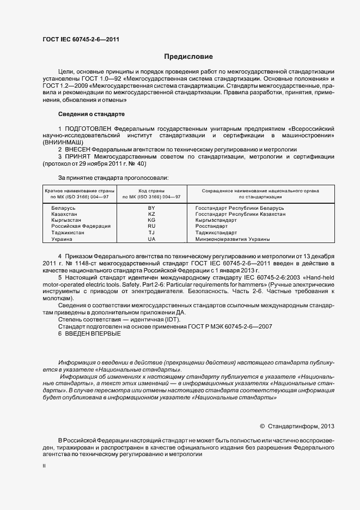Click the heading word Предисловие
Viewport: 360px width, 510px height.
pyautogui.click(x=188, y=57)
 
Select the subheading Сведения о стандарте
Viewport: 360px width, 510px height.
pyautogui.click(x=91, y=114)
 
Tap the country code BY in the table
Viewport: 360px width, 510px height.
pyautogui.click(x=151, y=209)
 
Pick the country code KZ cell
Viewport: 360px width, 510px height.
pyautogui.click(x=151, y=215)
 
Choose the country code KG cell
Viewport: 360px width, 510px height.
pyautogui.click(x=151, y=220)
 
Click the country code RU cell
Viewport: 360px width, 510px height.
pyautogui.click(x=151, y=226)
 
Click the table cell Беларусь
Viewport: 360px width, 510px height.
pyautogui.click(x=64, y=209)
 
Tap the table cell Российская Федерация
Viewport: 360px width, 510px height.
pyautogui.click(x=81, y=226)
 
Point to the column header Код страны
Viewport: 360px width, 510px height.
pyautogui.click(x=151, y=191)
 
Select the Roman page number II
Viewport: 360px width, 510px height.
pyautogui.click(x=44, y=467)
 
